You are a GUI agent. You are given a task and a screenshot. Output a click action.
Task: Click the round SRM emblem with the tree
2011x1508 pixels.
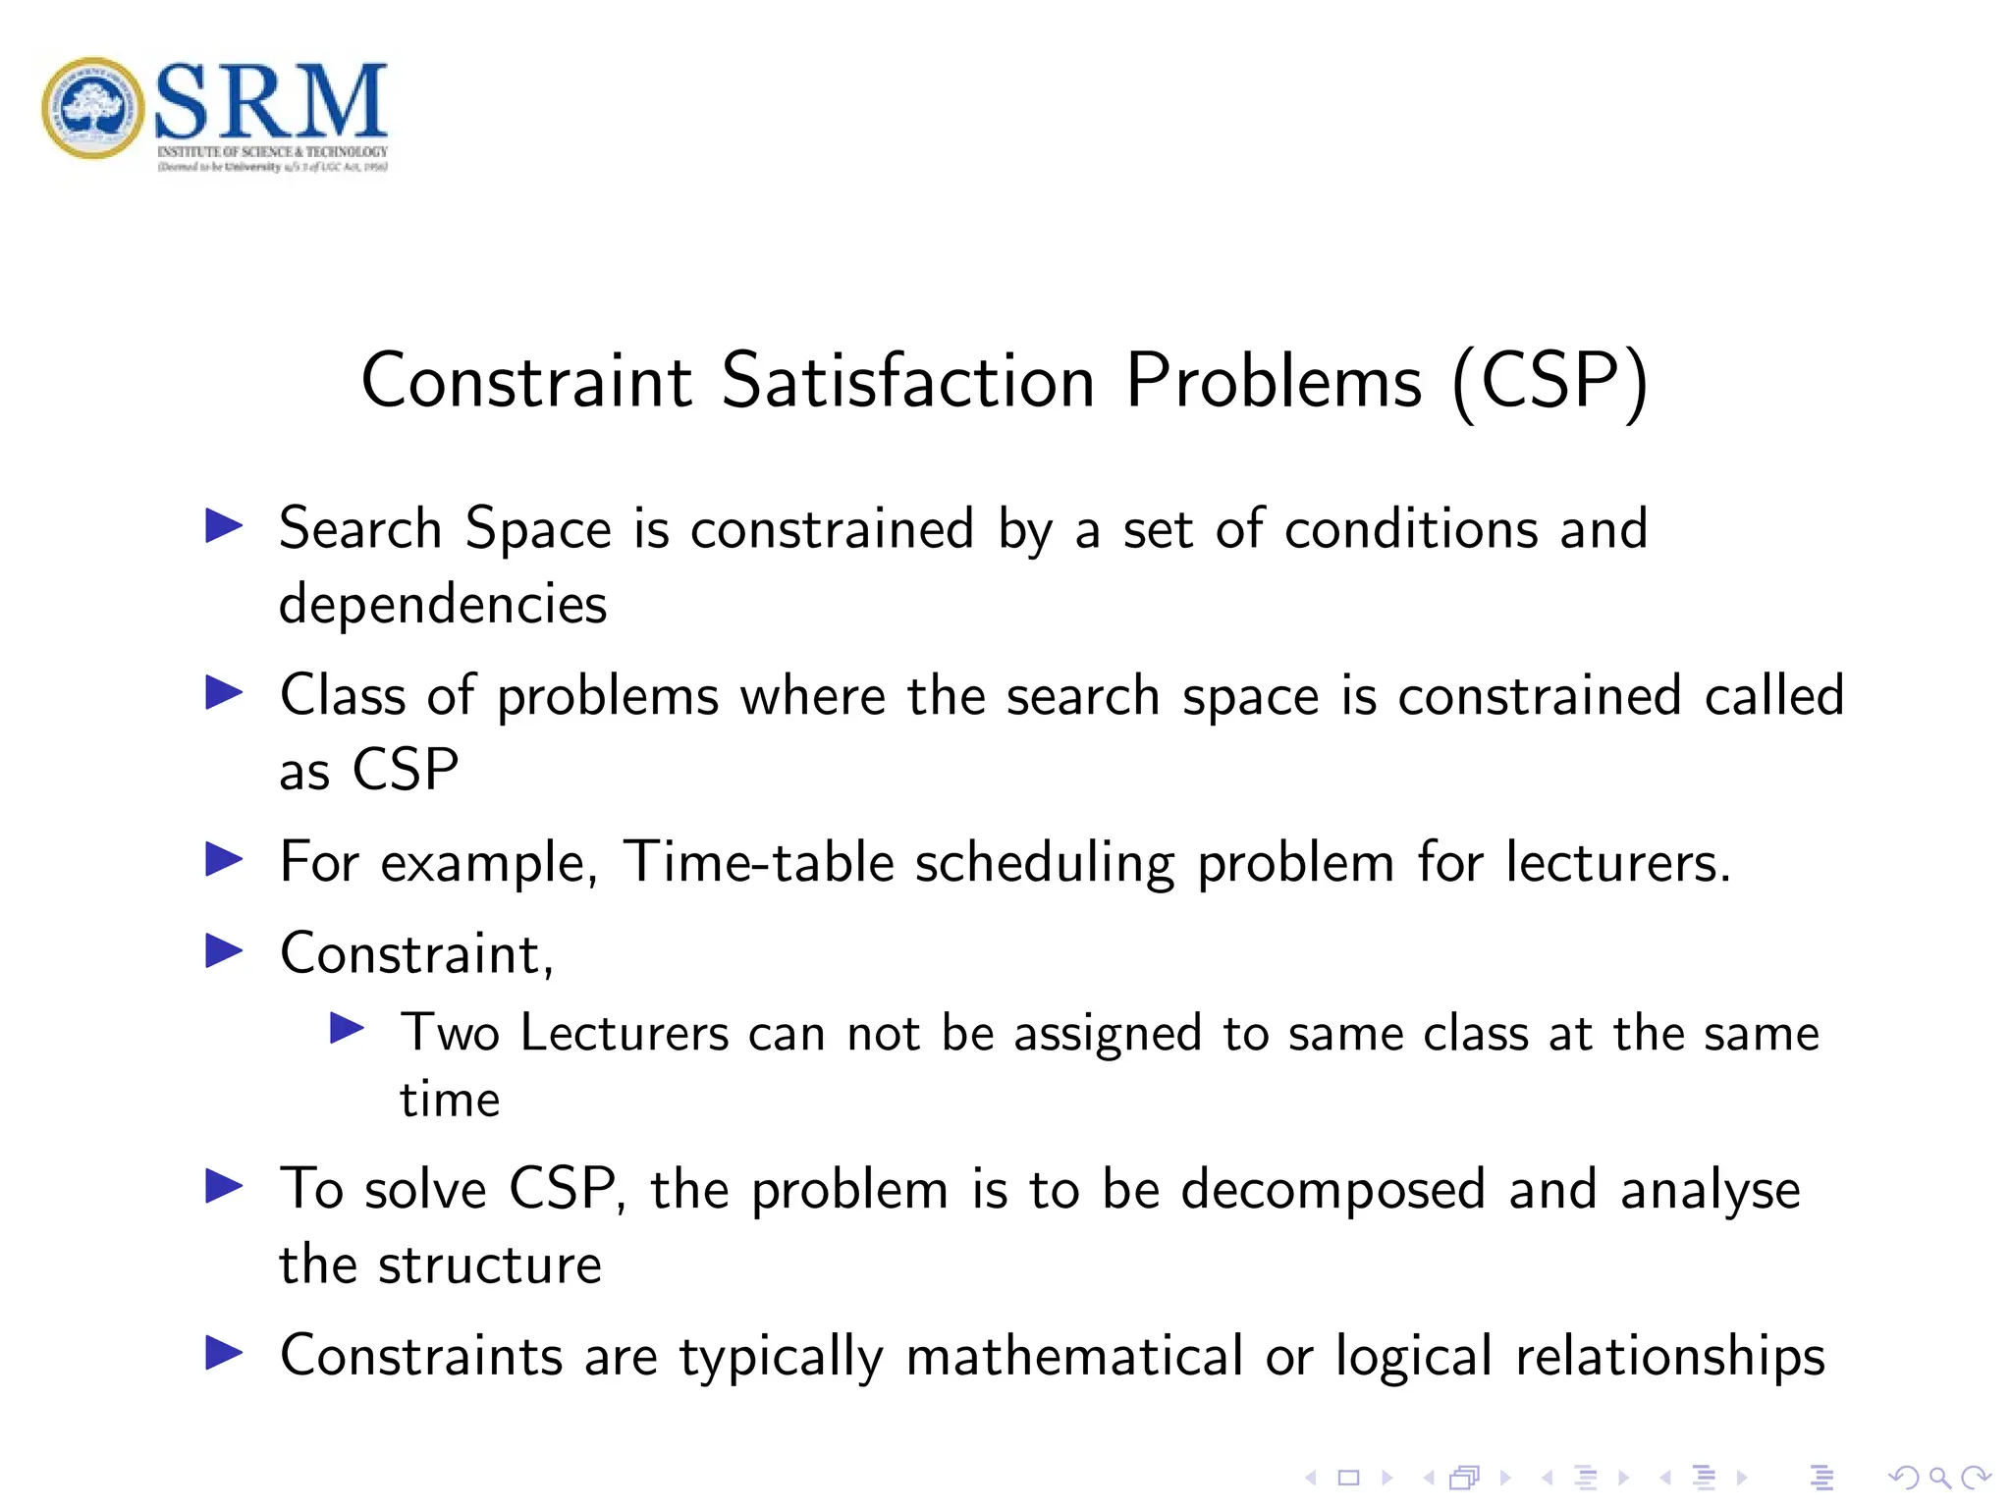click(93, 107)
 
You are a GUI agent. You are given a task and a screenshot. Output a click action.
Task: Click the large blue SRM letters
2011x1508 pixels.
click(271, 100)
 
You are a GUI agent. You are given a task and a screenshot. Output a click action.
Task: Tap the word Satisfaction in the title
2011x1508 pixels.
click(907, 381)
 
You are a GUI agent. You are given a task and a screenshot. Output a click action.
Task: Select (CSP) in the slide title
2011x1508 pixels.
click(1550, 381)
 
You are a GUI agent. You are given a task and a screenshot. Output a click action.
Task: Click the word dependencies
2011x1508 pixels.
click(443, 604)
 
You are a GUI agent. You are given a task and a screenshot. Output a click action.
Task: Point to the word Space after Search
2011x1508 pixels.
click(538, 529)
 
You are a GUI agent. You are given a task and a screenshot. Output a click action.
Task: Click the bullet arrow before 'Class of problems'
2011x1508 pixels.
click(224, 693)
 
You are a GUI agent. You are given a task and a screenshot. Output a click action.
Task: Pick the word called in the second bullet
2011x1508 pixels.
click(1773, 696)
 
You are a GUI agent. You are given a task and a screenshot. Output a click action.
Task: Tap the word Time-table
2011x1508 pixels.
click(758, 863)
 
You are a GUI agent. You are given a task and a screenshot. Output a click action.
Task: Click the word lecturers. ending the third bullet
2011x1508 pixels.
click(1617, 863)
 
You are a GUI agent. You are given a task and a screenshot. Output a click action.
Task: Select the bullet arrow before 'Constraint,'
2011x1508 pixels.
click(224, 950)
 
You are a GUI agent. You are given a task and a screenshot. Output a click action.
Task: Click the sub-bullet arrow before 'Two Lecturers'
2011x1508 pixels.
click(347, 1028)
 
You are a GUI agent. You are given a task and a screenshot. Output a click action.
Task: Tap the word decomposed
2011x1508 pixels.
click(1332, 1191)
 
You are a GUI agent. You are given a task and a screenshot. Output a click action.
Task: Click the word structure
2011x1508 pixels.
click(489, 1265)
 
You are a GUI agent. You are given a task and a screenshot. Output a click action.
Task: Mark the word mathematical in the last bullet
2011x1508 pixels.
click(1074, 1357)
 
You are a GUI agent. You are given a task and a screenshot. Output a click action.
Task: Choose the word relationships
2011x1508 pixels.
click(1669, 1357)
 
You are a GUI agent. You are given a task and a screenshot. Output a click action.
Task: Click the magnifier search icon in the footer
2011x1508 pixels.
click(1939, 1478)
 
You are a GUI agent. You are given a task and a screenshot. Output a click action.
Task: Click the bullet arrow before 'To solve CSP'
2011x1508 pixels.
click(224, 1186)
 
